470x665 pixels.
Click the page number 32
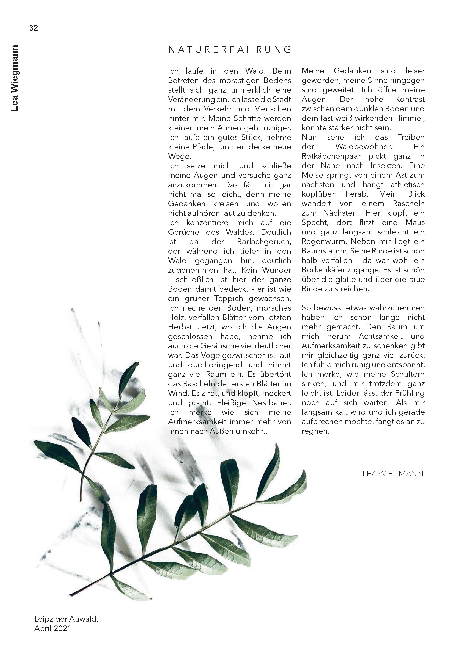(34, 28)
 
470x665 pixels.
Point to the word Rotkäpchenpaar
(331, 156)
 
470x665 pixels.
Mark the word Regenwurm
(324, 242)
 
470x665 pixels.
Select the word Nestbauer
(272, 403)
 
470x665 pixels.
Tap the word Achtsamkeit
(381, 336)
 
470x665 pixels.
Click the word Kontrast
(410, 99)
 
